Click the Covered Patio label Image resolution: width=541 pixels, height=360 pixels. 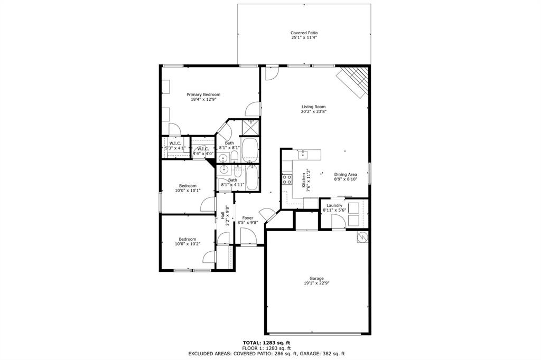pyautogui.click(x=304, y=33)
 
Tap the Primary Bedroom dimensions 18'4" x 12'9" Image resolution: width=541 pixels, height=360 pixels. pyautogui.click(x=203, y=99)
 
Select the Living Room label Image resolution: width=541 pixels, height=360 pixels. pyautogui.click(x=313, y=107)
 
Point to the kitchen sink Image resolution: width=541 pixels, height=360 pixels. pyautogui.click(x=303, y=155)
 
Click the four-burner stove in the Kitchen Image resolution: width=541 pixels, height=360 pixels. pyautogui.click(x=287, y=179)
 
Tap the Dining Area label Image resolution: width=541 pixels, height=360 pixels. pyautogui.click(x=346, y=175)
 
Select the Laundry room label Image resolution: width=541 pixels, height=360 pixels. pyautogui.click(x=334, y=205)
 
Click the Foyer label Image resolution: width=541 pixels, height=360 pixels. pyautogui.click(x=247, y=218)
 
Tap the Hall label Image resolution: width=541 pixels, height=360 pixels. pyautogui.click(x=222, y=215)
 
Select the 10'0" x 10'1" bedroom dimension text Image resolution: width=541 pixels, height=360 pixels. pyautogui.click(x=188, y=191)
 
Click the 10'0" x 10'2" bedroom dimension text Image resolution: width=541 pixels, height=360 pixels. pyautogui.click(x=188, y=244)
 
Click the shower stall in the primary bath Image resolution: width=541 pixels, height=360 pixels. pyautogui.click(x=250, y=127)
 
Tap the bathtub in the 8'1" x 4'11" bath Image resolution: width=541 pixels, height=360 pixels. pyautogui.click(x=252, y=179)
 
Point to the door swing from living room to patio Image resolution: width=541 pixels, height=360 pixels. pyautogui.click(x=271, y=73)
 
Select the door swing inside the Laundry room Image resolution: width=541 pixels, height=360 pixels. pyautogui.click(x=339, y=222)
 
